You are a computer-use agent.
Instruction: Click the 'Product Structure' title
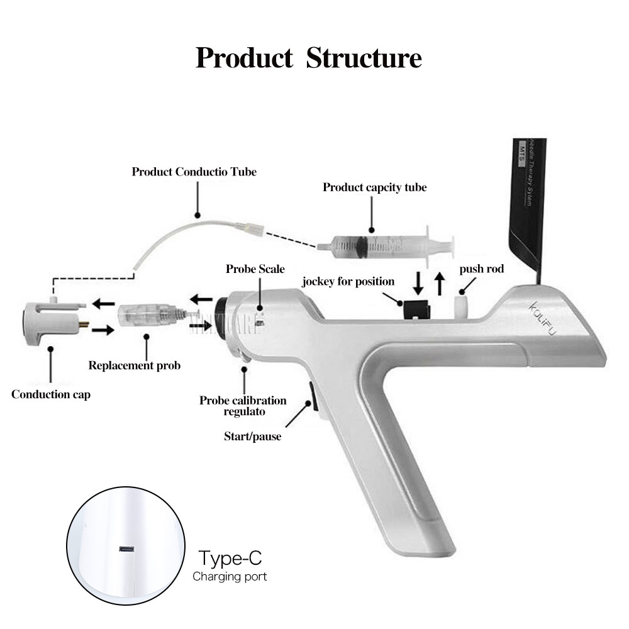click(x=308, y=58)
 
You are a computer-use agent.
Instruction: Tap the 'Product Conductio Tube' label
click(x=194, y=172)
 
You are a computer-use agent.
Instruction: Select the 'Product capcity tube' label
click(x=374, y=187)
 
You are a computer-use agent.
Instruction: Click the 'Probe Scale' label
click(x=255, y=269)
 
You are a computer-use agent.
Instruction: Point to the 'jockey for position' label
click(x=348, y=281)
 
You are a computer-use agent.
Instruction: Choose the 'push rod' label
click(x=481, y=269)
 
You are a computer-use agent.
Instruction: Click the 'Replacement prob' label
click(x=134, y=365)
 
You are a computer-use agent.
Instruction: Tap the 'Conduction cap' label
click(x=50, y=394)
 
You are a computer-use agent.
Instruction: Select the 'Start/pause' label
click(x=252, y=435)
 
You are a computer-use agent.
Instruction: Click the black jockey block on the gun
click(x=415, y=309)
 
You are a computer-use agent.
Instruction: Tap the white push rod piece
click(x=463, y=308)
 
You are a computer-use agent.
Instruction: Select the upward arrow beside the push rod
click(x=440, y=284)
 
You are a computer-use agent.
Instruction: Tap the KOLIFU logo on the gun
click(x=542, y=321)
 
